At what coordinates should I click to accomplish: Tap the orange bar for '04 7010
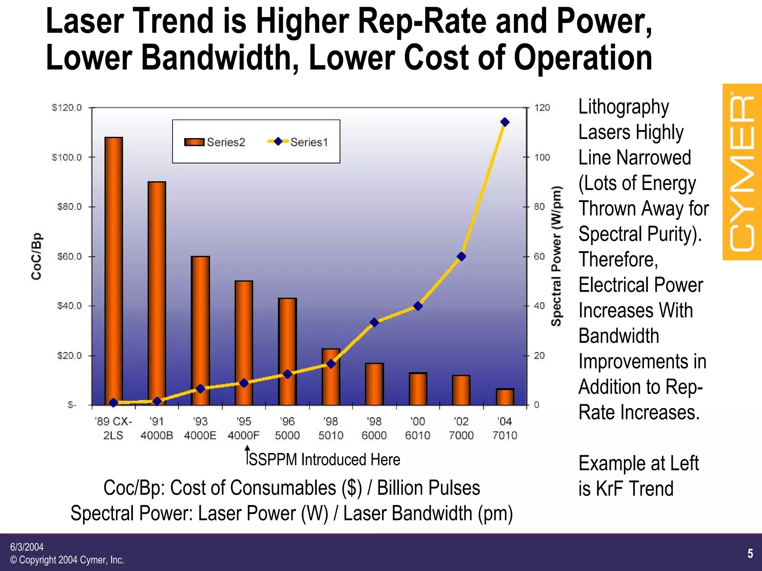pyautogui.click(x=505, y=397)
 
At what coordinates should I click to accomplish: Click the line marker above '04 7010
pyautogui.click(x=505, y=122)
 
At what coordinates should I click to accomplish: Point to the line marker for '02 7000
pyautogui.click(x=461, y=256)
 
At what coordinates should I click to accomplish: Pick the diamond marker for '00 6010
pyautogui.click(x=418, y=306)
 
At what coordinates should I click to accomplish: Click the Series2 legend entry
pyautogui.click(x=215, y=142)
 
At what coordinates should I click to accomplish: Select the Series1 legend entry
pyautogui.click(x=298, y=142)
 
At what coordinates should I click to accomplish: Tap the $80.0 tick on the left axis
pyautogui.click(x=70, y=207)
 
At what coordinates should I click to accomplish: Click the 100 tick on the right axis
pyautogui.click(x=542, y=157)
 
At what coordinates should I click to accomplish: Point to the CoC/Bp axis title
pyautogui.click(x=36, y=256)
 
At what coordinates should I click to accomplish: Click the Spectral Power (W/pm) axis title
pyautogui.click(x=556, y=256)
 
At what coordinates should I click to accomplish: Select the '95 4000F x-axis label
pyautogui.click(x=244, y=428)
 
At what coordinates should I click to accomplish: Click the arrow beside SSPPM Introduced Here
pyautogui.click(x=247, y=455)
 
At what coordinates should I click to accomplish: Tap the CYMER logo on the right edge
pyautogui.click(x=742, y=172)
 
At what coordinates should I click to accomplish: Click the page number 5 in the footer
pyautogui.click(x=750, y=554)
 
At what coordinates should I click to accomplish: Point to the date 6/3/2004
pyautogui.click(x=27, y=547)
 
